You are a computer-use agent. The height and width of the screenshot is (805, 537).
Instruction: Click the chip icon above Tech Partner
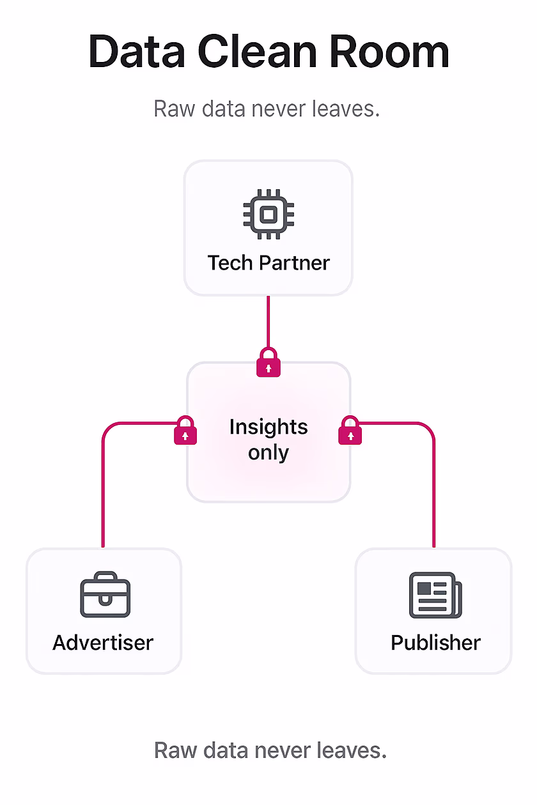268,214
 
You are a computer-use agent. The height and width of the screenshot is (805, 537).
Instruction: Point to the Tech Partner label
268,263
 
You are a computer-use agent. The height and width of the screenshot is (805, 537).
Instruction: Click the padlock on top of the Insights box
268,363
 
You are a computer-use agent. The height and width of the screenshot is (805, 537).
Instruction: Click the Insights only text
268,440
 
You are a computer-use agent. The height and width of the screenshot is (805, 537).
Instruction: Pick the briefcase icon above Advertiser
105,597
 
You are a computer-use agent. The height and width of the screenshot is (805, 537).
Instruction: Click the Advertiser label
103,642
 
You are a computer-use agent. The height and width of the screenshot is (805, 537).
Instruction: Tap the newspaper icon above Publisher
435,595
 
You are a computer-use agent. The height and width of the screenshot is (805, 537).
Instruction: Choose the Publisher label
435,642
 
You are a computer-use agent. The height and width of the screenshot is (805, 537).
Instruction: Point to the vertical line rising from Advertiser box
103,492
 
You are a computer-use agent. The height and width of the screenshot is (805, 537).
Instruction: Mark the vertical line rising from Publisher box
434,492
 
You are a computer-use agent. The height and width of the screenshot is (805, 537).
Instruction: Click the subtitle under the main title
267,109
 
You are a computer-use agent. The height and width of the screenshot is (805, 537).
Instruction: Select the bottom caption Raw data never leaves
270,750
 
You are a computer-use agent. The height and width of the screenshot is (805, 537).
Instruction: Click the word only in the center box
268,453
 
